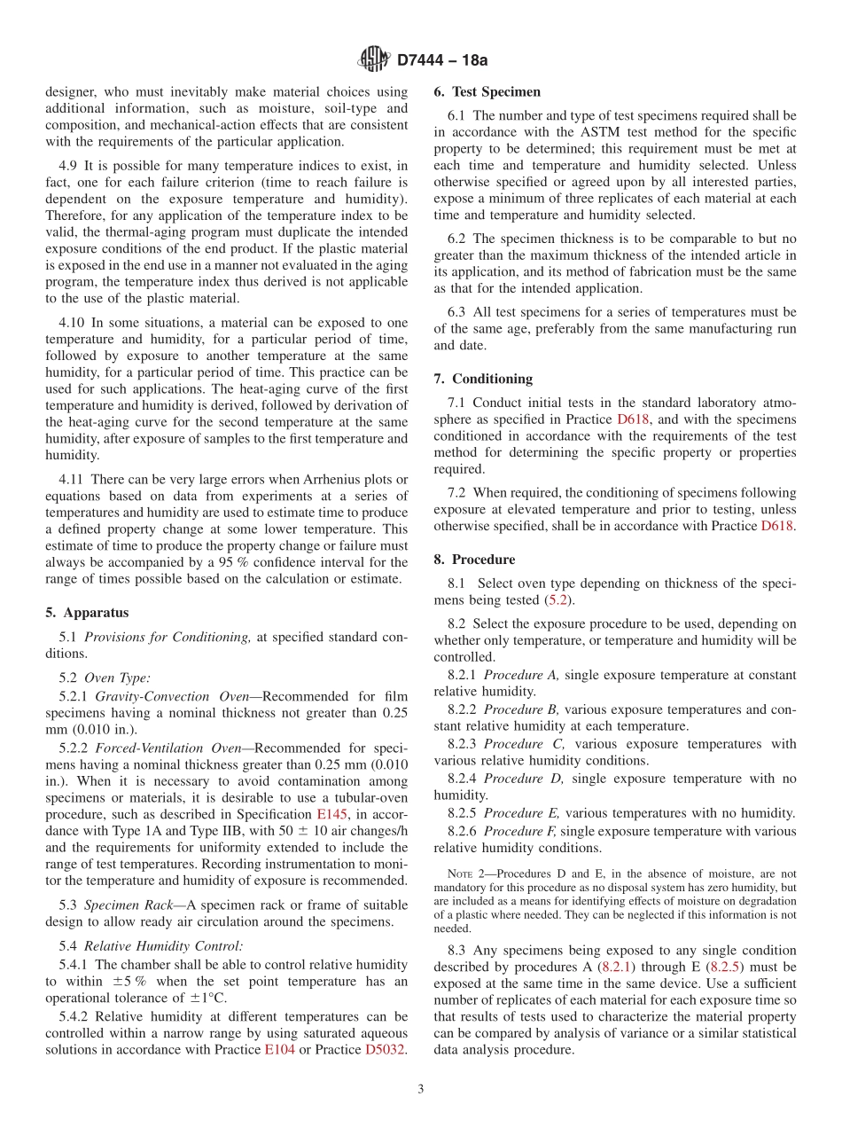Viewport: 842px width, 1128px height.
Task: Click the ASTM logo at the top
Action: tap(373, 59)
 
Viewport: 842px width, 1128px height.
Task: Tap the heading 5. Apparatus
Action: tap(87, 613)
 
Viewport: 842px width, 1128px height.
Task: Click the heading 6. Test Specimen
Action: tap(487, 91)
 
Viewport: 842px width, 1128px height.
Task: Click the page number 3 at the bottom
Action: tap(421, 1090)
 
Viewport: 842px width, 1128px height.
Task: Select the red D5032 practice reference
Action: tap(385, 1050)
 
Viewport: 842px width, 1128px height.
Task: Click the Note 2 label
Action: tap(466, 874)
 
